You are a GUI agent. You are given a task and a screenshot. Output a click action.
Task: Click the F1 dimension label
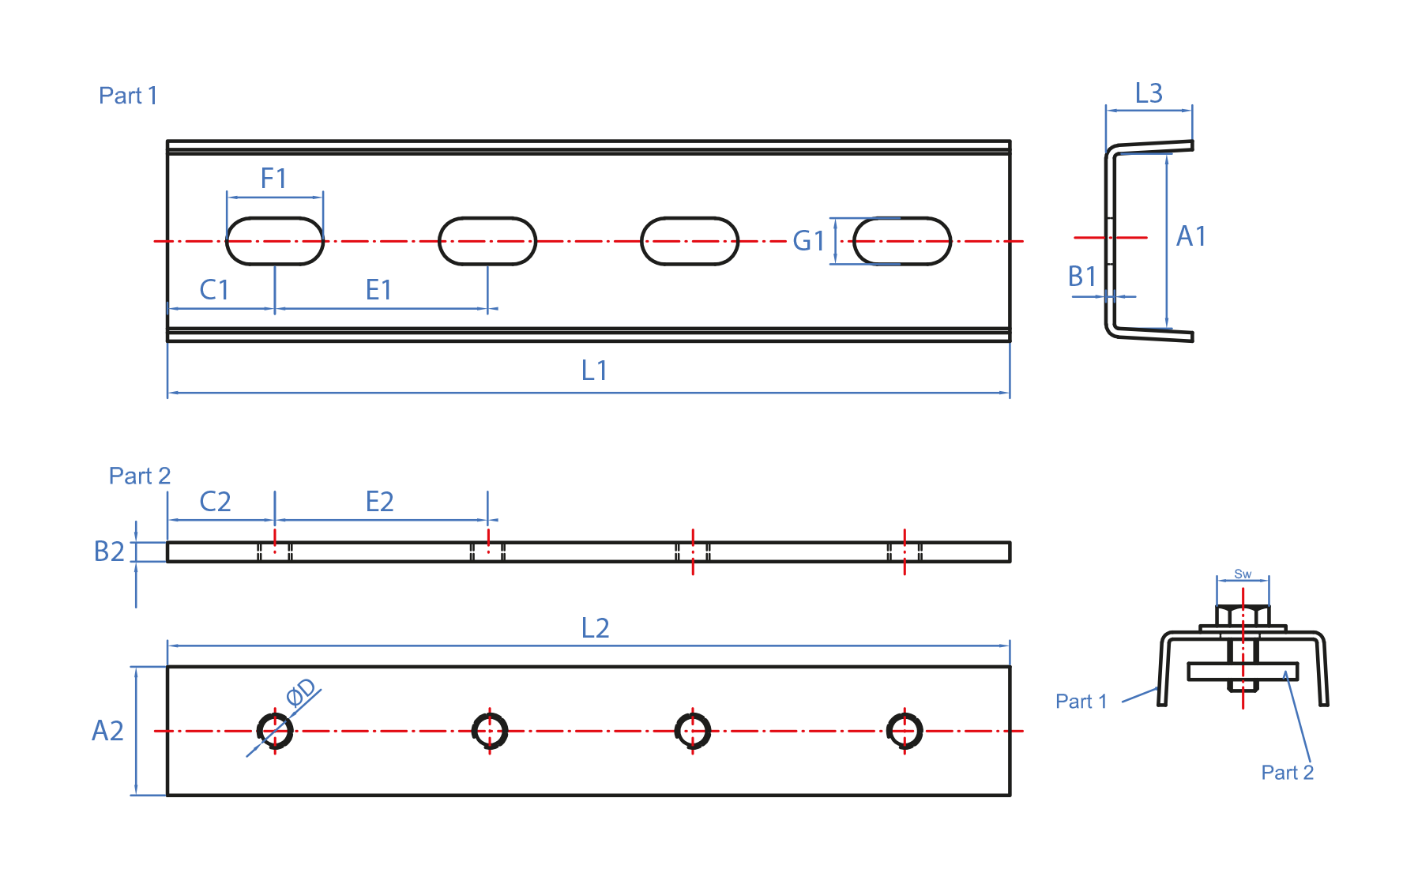[273, 179]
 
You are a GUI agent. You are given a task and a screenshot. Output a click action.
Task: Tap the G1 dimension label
[808, 241]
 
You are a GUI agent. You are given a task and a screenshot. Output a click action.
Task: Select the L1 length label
[594, 371]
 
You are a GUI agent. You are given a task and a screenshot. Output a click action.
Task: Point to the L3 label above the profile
[1149, 93]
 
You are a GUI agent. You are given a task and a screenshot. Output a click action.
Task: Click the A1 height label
[1190, 236]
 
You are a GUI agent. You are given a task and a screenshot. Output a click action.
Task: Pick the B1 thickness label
[1082, 277]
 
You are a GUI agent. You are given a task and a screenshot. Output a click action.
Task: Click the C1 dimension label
[214, 290]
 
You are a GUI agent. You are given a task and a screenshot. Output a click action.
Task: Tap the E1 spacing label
[378, 290]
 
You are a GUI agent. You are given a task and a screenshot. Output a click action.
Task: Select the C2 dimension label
[215, 502]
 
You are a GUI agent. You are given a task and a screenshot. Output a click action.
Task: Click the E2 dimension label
[379, 502]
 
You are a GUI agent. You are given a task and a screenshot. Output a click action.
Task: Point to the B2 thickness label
[109, 551]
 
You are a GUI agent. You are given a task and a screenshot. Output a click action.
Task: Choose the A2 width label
[107, 731]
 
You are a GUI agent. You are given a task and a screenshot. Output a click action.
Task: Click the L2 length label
[595, 628]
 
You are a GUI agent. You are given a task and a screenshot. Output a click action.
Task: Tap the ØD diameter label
[301, 692]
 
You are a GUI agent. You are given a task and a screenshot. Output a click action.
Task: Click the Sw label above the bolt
[1243, 574]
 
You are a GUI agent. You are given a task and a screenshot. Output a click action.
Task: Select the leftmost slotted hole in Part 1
[275, 241]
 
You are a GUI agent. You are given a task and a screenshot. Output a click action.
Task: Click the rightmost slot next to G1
[902, 241]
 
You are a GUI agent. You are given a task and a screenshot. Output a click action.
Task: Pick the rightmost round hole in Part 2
[905, 731]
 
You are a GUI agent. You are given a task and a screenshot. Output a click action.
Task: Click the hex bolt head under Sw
[1243, 615]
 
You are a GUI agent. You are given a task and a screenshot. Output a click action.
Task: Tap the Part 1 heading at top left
[128, 96]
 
